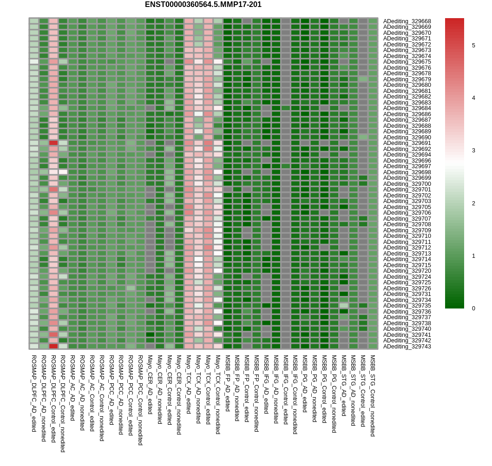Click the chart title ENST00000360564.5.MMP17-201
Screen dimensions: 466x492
pos(203,5)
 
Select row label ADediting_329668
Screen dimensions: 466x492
pos(407,21)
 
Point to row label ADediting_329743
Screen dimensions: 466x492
pos(407,346)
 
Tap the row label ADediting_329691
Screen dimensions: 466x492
pos(407,143)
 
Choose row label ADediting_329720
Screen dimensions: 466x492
pos(407,271)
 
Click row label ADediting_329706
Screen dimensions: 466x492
pos(407,213)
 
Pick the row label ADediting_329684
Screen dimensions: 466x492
pos(407,108)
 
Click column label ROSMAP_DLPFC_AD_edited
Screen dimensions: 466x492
pos(34,394)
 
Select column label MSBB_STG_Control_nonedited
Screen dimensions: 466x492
pos(373,396)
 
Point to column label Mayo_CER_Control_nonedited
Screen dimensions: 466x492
pos(179,395)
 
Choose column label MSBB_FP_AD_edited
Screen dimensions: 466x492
pos(228,383)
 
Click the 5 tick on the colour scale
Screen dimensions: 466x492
pos(473,46)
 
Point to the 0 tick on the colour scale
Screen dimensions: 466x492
pos(473,308)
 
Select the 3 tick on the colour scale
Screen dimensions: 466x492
pos(473,151)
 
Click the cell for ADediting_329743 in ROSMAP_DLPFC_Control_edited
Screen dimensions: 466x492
pos(53,346)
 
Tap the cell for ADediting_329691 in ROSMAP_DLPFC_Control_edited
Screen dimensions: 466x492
pos(53,143)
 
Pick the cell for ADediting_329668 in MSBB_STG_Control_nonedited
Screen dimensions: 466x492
pos(373,21)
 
